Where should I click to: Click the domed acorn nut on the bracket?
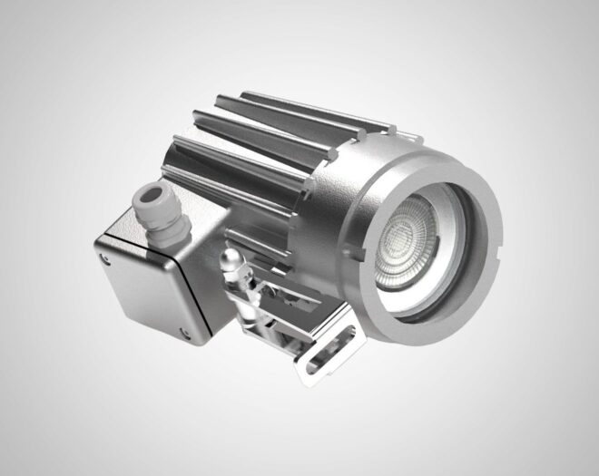coord(231,264)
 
